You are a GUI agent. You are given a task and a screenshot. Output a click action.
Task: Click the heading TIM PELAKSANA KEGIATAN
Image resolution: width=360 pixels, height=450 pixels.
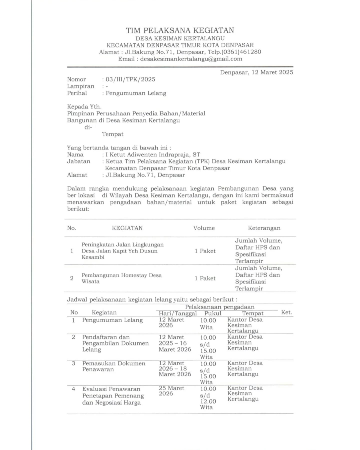click(180, 30)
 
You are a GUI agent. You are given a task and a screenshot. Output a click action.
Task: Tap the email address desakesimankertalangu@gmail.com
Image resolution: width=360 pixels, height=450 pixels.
click(191, 59)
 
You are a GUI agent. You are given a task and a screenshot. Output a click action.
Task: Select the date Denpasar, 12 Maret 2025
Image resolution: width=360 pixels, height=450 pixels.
click(256, 72)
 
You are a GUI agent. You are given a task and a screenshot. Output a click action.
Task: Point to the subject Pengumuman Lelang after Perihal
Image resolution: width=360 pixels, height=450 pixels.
click(136, 93)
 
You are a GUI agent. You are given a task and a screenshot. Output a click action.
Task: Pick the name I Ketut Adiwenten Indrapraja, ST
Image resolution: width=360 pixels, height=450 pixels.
click(153, 154)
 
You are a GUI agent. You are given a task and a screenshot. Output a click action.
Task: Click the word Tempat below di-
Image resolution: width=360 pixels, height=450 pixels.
click(113, 134)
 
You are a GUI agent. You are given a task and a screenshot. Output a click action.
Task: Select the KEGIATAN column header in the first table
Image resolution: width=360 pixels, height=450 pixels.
click(127, 228)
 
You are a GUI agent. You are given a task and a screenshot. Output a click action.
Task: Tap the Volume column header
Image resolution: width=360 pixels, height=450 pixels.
click(204, 228)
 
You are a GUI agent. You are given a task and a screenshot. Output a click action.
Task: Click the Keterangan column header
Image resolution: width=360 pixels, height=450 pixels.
click(264, 228)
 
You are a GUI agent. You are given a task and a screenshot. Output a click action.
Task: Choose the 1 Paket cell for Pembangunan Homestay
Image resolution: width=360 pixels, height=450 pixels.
click(205, 278)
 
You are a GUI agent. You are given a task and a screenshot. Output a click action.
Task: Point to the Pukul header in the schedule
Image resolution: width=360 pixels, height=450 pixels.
click(213, 313)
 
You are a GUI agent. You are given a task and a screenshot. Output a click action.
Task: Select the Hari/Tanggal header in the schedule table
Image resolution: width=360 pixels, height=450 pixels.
click(178, 313)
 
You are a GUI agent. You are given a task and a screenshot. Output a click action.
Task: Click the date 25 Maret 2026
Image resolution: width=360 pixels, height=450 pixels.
click(171, 391)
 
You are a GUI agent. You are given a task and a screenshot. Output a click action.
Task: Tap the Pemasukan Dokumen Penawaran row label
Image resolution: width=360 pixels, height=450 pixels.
click(114, 366)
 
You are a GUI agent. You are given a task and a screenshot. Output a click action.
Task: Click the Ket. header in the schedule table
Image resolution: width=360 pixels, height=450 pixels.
click(287, 313)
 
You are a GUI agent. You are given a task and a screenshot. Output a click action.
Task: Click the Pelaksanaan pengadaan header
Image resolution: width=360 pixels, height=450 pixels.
click(220, 307)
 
